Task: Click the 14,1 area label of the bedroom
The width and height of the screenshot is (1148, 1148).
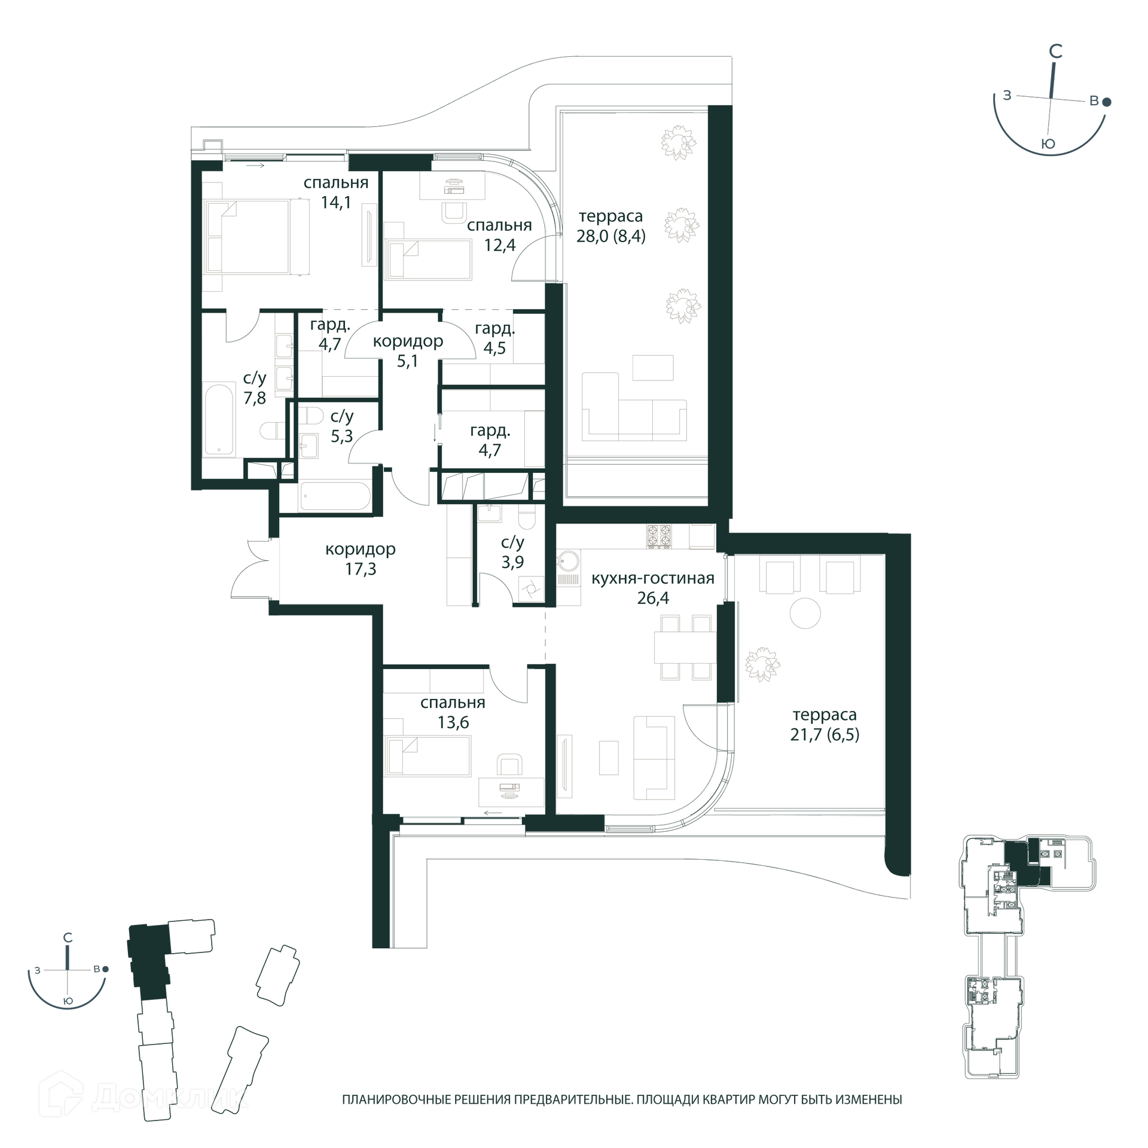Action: tap(336, 203)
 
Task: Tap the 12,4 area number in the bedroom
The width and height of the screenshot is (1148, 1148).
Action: tap(500, 245)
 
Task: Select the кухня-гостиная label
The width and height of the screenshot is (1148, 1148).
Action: tap(653, 578)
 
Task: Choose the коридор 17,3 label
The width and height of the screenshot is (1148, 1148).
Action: tap(361, 558)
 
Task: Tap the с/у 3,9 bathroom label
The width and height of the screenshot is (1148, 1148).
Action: tap(512, 552)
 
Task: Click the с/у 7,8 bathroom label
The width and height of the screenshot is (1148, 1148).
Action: tap(255, 387)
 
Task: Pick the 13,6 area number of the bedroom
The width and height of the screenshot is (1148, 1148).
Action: tap(453, 722)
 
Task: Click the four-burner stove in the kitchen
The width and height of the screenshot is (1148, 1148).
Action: tap(659, 536)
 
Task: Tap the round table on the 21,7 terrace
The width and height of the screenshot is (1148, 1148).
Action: tap(805, 613)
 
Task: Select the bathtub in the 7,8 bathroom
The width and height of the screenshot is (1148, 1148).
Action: tap(218, 420)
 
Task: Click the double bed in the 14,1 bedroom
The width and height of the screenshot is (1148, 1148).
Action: tap(256, 237)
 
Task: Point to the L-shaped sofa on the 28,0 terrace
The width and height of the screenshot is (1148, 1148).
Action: tap(634, 407)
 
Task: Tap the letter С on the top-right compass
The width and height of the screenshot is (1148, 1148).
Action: tap(1056, 51)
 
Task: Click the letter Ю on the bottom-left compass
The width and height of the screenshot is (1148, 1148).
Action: tap(68, 1001)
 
